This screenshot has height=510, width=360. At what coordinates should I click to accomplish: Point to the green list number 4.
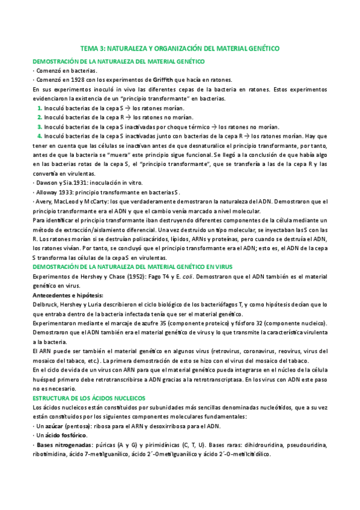click(40, 136)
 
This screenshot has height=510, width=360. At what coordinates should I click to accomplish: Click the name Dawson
click(46, 183)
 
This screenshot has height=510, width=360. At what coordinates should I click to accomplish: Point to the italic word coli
click(192, 277)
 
